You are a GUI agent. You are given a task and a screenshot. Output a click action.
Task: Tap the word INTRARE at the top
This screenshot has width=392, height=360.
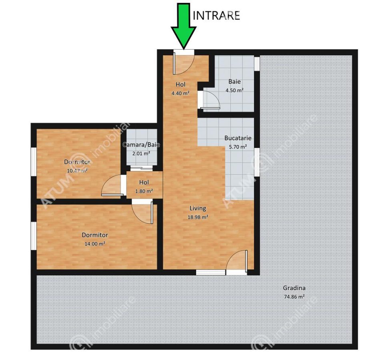pyautogui.click(x=216, y=15)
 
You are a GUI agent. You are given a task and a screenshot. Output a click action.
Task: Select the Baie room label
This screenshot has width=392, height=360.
pyautogui.click(x=235, y=82)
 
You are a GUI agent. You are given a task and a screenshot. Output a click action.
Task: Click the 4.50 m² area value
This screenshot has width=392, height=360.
pyautogui.click(x=235, y=90)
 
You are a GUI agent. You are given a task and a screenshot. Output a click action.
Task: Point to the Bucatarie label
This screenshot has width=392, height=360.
pyautogui.click(x=238, y=138)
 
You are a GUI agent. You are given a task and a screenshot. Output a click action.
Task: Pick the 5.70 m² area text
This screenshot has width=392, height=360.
pyautogui.click(x=238, y=146)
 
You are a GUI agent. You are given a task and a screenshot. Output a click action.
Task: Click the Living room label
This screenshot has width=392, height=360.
pyautogui.click(x=198, y=208)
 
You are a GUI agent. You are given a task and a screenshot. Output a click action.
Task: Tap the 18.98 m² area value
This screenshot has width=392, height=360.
pyautogui.click(x=198, y=217)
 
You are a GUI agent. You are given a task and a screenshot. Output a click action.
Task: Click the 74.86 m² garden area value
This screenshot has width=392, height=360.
pyautogui.click(x=294, y=297)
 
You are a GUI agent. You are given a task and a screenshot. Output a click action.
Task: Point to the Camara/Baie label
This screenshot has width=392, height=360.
pyautogui.click(x=141, y=145)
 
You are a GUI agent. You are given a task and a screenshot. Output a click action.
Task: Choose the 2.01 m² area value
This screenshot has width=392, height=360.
pyautogui.click(x=141, y=153)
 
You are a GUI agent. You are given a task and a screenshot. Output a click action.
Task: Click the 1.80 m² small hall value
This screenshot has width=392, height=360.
pyautogui.click(x=144, y=191)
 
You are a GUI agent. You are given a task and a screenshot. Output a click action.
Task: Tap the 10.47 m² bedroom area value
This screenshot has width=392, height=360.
pyautogui.click(x=77, y=170)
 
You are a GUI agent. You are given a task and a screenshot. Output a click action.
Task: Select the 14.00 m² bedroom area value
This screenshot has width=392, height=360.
pyautogui.click(x=94, y=243)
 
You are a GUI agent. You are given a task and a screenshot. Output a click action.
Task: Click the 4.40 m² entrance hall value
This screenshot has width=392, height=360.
pyautogui.click(x=180, y=93)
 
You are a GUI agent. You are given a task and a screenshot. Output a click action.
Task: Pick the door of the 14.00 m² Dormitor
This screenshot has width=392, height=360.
pyautogui.click(x=143, y=212)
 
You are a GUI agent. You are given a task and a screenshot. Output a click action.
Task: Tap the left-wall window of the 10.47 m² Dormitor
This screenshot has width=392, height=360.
pyautogui.click(x=34, y=162)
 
